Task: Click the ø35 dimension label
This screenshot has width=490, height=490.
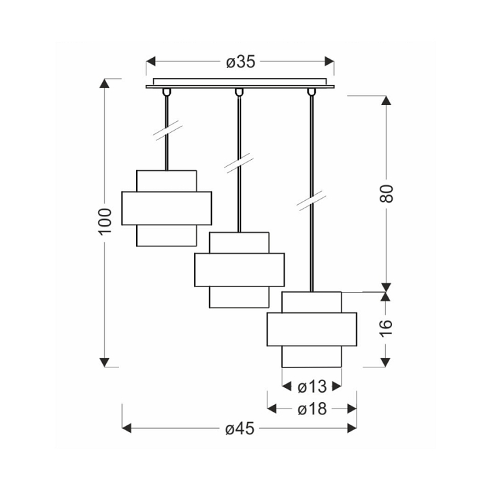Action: (241, 62)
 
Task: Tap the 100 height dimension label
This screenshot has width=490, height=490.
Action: (105, 221)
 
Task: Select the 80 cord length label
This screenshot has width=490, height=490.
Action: (387, 194)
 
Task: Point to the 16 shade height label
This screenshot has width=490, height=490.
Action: (387, 328)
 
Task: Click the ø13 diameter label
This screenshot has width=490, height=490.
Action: (312, 387)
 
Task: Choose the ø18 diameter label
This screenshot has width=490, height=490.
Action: (312, 409)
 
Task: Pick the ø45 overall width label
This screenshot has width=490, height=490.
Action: (240, 429)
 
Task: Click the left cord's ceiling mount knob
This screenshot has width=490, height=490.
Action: (167, 92)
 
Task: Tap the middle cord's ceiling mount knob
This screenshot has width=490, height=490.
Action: (239, 92)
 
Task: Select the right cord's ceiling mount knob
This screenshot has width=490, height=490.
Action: (311, 92)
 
